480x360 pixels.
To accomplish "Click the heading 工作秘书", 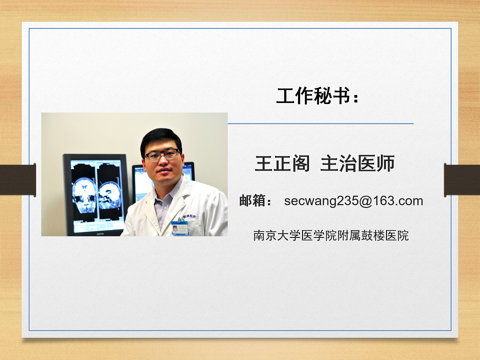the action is click(x=313, y=96).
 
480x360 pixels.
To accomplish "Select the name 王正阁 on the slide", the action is click(x=282, y=163).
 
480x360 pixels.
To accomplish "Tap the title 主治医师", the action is click(x=357, y=163).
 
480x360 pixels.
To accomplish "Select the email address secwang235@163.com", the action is click(x=353, y=201).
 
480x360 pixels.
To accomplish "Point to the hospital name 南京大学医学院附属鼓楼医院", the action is click(x=331, y=235).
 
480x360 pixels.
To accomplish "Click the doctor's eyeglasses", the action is click(x=162, y=154).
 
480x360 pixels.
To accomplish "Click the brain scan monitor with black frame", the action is click(x=95, y=195).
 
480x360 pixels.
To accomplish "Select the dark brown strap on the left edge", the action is click(x=18, y=180).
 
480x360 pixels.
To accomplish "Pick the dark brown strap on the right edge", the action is click(x=462, y=180).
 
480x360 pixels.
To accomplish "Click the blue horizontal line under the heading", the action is click(x=321, y=123).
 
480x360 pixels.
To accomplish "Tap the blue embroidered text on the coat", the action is click(x=189, y=216).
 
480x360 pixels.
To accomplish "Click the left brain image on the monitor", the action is click(x=84, y=195).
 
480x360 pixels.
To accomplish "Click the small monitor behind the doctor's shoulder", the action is click(x=144, y=183).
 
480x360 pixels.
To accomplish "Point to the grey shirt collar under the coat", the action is click(x=165, y=200).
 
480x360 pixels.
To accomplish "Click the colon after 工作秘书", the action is click(x=355, y=98).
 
